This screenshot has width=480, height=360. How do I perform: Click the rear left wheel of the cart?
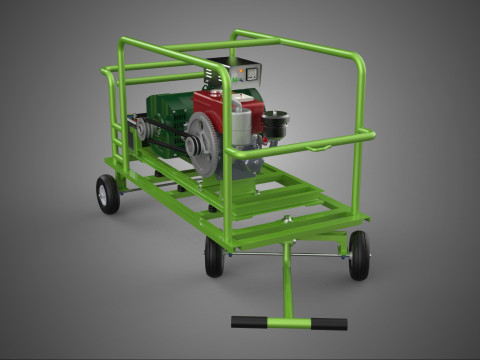[x=107, y=193]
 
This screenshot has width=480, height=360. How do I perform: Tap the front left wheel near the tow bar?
[x=214, y=256]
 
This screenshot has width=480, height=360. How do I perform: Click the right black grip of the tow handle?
[x=328, y=324]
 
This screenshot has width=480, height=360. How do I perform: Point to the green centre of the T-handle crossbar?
[x=288, y=322]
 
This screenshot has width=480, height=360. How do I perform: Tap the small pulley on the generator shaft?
[x=146, y=127]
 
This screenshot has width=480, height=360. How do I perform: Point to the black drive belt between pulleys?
[x=170, y=140]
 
